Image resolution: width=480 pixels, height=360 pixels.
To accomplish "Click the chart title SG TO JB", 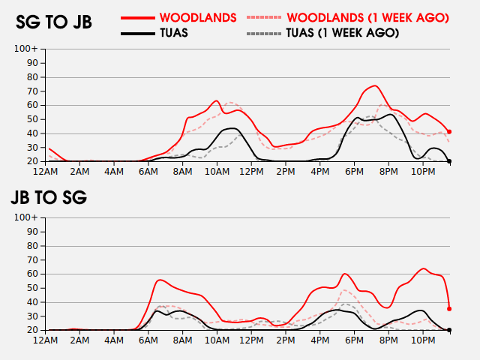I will tap(54, 22).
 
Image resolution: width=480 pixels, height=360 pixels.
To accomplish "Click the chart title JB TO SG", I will tap(49, 198).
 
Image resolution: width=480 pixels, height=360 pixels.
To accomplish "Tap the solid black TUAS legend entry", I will tap(173, 33).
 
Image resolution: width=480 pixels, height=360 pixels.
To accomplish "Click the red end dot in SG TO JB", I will tap(449, 131).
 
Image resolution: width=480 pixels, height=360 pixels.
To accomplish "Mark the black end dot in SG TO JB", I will tap(449, 161).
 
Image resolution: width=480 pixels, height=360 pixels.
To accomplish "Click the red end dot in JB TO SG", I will tap(449, 308).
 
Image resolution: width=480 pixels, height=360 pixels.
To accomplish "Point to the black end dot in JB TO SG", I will tap(449, 330).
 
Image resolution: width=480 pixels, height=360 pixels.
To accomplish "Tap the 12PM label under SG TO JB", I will tap(251, 172).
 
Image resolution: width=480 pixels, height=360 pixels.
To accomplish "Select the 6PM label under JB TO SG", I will tap(354, 340).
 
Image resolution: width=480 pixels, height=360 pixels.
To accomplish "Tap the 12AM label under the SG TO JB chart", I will tap(46, 172).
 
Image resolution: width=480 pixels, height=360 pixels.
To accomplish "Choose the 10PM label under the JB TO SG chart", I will tap(422, 340).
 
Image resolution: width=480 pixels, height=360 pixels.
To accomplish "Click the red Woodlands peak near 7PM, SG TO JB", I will tap(375, 85).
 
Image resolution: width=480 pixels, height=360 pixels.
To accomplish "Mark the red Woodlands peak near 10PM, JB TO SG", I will tap(424, 268).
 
